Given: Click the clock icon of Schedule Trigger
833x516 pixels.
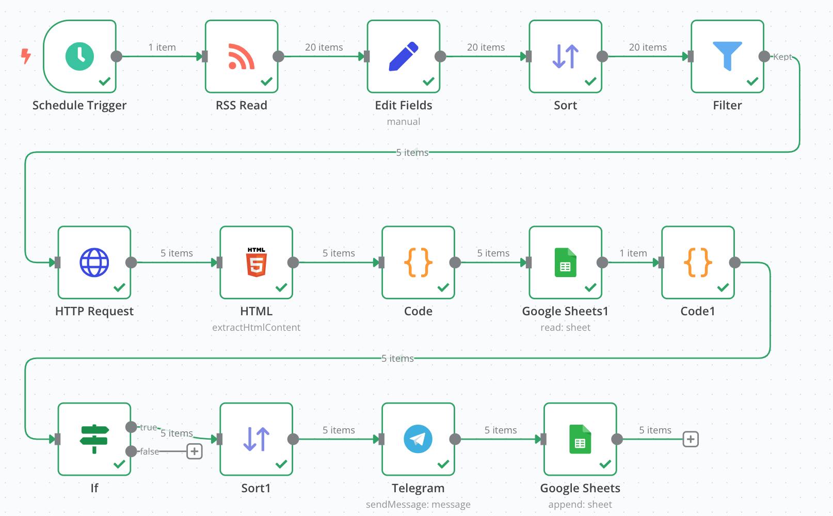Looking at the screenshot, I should click(79, 56).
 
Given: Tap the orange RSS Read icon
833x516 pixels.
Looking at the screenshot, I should click(241, 56).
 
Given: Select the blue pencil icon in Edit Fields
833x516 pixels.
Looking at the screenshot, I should click(403, 56).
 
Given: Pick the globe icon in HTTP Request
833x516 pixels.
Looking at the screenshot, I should click(94, 263).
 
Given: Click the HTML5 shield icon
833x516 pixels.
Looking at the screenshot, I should click(256, 262).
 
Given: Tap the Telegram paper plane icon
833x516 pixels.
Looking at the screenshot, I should click(418, 439).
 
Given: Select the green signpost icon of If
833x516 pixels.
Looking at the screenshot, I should click(94, 439).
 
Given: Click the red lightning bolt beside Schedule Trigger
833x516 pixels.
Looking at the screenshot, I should click(26, 56).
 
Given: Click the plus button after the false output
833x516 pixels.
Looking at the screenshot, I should click(194, 451).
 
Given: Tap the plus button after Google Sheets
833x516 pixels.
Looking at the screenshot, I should click(691, 439).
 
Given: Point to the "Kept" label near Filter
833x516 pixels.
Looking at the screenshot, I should click(782, 57).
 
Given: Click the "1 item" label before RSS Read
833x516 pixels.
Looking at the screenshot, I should click(162, 47).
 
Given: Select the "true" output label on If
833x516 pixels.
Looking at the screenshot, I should click(149, 427).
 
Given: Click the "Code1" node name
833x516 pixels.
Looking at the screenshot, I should click(697, 311).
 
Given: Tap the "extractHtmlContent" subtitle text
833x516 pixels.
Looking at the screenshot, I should click(256, 328).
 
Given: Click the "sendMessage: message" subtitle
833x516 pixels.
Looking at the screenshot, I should click(418, 504).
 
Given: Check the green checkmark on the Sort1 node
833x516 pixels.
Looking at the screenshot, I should click(281, 464).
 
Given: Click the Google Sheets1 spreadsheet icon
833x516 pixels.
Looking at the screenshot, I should click(565, 263).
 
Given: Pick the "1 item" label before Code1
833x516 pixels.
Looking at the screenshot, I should click(633, 253).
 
